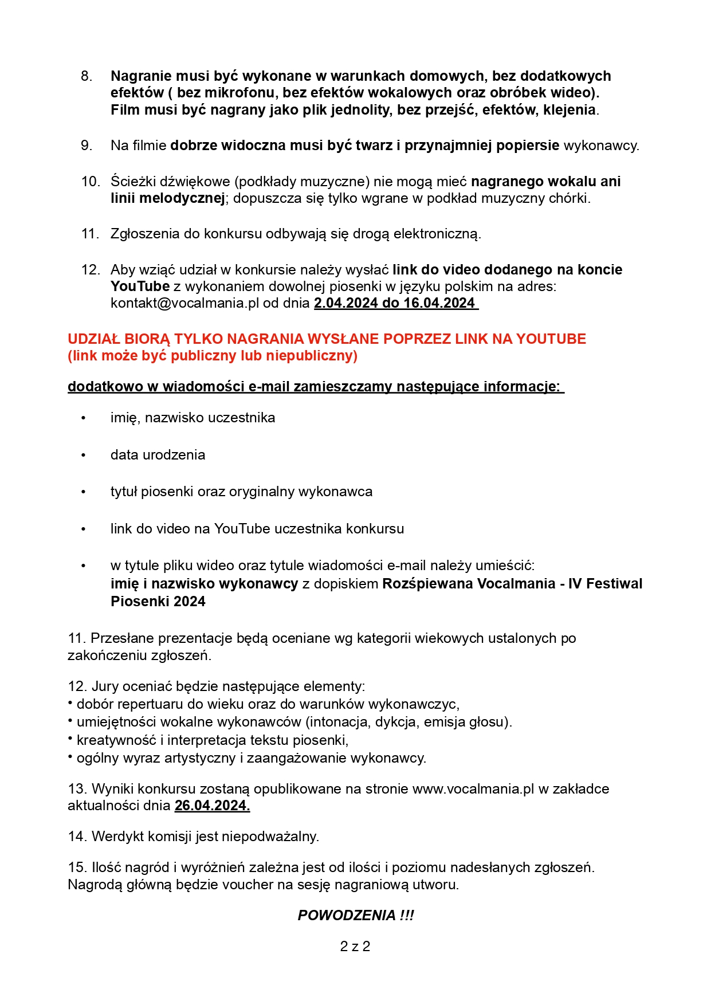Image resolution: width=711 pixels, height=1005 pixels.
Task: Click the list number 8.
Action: [86, 76]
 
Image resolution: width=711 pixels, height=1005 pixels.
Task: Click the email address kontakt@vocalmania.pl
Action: [185, 303]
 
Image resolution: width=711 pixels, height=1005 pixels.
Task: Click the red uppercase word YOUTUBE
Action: [551, 339]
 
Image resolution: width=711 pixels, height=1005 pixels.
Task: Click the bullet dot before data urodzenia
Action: [84, 456]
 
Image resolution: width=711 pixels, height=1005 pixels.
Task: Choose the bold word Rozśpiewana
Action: [427, 584]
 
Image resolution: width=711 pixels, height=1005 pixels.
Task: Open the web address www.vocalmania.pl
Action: [473, 789]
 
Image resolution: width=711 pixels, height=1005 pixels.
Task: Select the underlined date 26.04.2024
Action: [212, 806]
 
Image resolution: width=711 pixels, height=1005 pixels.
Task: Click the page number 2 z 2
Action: [355, 947]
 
